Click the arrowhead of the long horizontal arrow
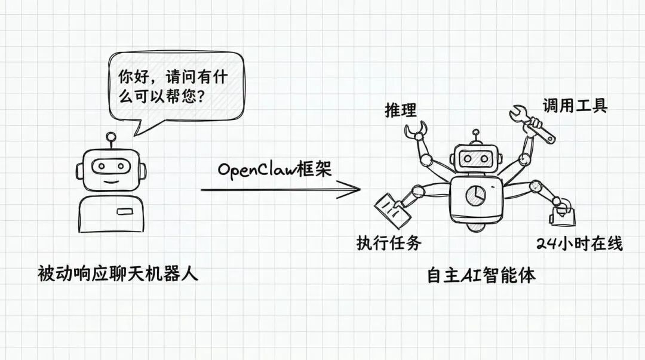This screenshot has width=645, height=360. pos(353,190)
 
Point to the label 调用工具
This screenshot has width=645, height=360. pos(575,106)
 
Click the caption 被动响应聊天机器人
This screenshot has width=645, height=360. pos(117,275)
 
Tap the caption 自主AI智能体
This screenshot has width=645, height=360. pos(481,276)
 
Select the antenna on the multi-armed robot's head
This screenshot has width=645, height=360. pos(475,136)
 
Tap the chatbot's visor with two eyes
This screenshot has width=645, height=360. pos(110,166)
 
